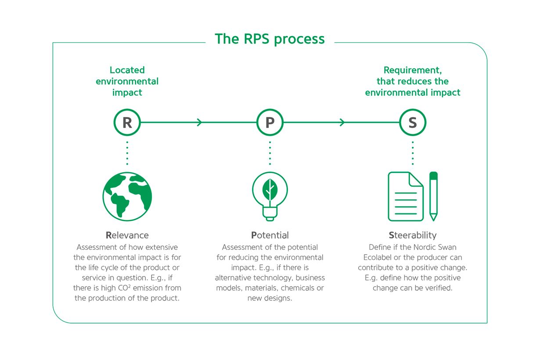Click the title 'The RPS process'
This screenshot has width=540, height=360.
click(x=270, y=39)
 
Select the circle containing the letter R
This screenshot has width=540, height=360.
click(x=127, y=122)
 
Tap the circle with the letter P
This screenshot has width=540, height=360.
click(x=270, y=122)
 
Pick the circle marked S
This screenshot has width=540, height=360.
click(x=413, y=122)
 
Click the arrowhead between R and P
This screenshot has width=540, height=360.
click(x=200, y=122)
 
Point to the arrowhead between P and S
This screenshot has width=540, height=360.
click(x=342, y=122)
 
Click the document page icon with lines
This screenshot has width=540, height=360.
click(x=405, y=196)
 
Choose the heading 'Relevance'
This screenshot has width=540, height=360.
click(x=127, y=235)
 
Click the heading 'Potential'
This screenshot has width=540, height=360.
click(x=270, y=235)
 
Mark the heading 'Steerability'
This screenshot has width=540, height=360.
click(x=413, y=235)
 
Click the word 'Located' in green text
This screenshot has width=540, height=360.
click(x=127, y=70)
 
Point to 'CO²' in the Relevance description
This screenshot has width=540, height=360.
click(x=131, y=288)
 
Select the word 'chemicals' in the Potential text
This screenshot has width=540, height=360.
click(x=299, y=288)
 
